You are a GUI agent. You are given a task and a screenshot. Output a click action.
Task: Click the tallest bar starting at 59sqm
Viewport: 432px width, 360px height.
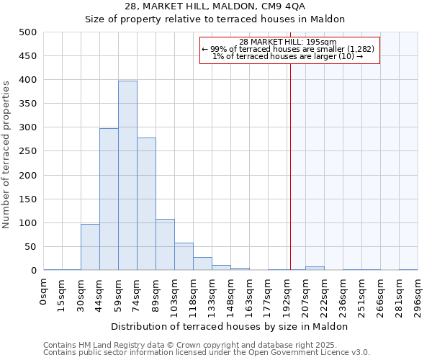click(x=127, y=176)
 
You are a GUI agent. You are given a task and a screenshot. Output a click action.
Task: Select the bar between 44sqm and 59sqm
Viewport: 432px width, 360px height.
click(x=109, y=199)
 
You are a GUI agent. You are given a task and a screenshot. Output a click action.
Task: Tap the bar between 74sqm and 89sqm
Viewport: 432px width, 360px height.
click(x=146, y=204)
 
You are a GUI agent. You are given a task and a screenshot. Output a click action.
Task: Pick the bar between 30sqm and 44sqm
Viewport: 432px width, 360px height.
click(x=90, y=247)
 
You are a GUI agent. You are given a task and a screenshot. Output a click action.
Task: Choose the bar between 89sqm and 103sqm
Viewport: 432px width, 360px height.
click(x=165, y=245)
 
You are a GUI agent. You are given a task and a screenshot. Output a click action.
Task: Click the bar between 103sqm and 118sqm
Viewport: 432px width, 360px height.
click(x=184, y=256)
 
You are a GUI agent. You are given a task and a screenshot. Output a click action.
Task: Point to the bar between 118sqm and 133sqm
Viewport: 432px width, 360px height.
click(x=202, y=264)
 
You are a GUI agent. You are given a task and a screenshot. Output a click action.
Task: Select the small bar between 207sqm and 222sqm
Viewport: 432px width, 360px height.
click(x=315, y=268)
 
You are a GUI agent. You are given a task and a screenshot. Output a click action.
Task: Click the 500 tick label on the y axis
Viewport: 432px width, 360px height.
click(x=28, y=32)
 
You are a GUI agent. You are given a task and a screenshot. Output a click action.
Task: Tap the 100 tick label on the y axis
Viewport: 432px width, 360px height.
click(x=28, y=223)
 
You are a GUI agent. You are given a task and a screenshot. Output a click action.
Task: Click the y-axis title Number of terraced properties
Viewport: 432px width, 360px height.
click(x=7, y=151)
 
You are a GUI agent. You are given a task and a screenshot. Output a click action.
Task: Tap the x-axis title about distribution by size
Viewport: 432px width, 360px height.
click(x=230, y=326)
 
